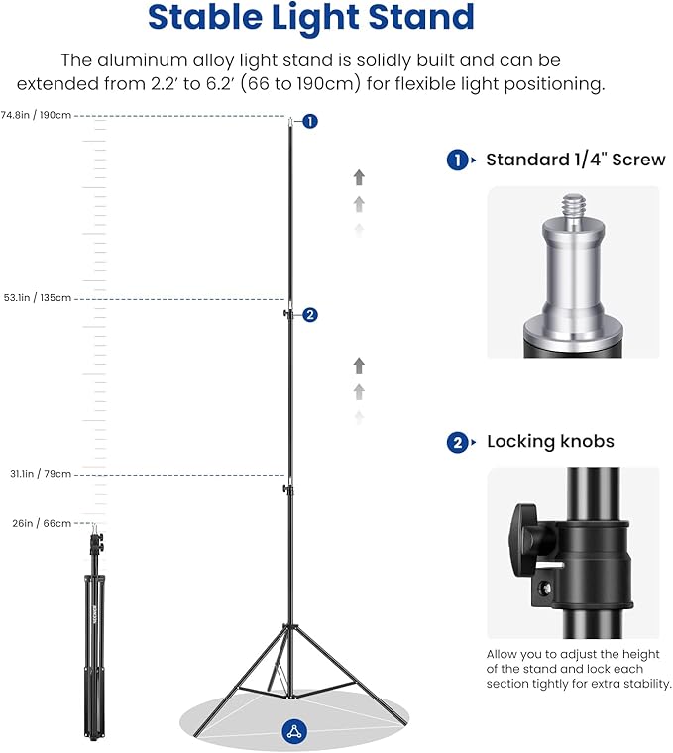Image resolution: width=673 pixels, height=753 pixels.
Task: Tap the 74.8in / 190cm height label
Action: click(37, 115)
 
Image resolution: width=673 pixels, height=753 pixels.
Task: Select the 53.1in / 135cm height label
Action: click(37, 297)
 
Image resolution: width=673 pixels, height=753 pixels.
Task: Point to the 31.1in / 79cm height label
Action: click(37, 474)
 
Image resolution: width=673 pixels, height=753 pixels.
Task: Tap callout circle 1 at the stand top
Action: click(310, 121)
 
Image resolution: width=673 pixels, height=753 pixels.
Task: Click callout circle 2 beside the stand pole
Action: click(310, 315)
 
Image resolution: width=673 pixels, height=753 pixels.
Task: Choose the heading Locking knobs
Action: click(550, 442)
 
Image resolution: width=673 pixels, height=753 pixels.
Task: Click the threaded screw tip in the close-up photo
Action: click(572, 211)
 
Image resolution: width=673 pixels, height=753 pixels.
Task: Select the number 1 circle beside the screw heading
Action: click(457, 161)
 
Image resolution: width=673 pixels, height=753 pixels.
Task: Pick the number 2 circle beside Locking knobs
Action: click(457, 443)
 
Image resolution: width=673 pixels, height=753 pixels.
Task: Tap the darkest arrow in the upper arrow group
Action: click(359, 177)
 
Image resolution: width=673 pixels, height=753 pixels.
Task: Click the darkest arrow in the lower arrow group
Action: click(359, 366)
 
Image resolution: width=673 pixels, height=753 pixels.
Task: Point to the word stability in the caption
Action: click(642, 684)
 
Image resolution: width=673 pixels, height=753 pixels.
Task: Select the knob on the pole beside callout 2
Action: click(286, 314)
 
